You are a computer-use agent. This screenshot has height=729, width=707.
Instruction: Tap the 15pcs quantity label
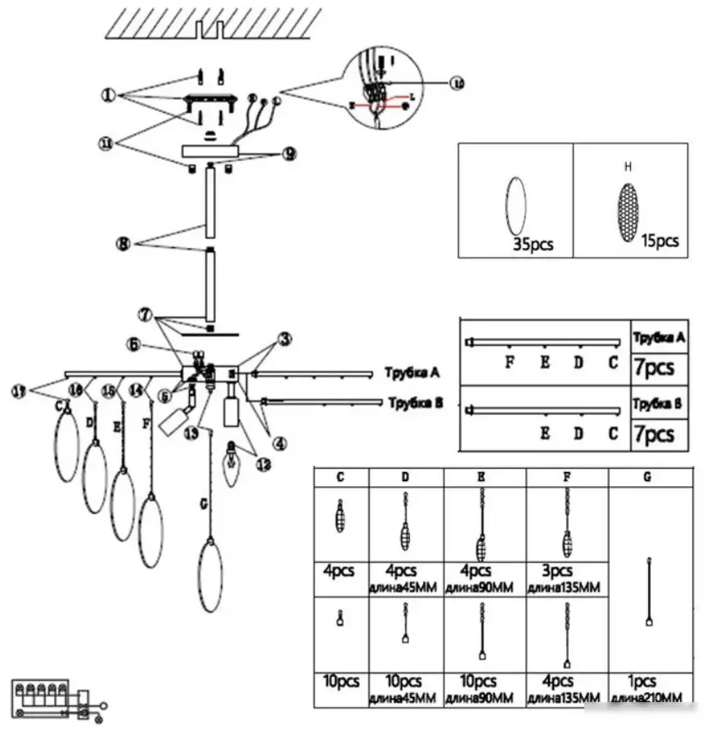pyautogui.click(x=660, y=241)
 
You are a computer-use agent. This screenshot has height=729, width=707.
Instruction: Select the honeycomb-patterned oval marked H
pyautogui.click(x=628, y=212)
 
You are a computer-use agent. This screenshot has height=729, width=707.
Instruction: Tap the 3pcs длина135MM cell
pyautogui.click(x=567, y=578)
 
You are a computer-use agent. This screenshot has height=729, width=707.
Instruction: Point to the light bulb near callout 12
pyautogui.click(x=232, y=462)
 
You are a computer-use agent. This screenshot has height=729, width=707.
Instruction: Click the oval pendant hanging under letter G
pyautogui.click(x=210, y=574)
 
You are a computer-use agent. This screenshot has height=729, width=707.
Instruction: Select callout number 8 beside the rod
pyautogui.click(x=123, y=243)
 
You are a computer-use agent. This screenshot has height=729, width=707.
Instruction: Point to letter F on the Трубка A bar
pyautogui.click(x=509, y=362)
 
